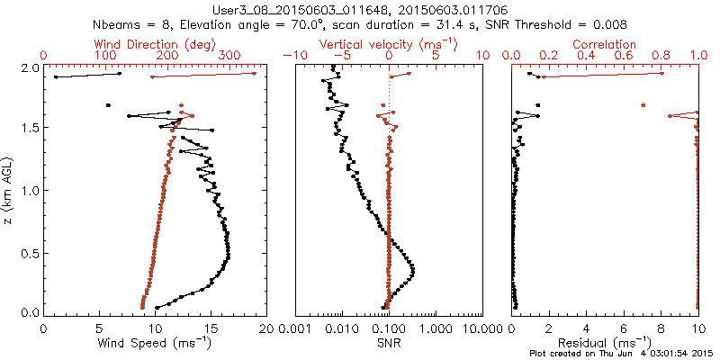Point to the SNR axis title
pyautogui.click(x=389, y=342)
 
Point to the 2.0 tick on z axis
pyautogui.click(x=30, y=67)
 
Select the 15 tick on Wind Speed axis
pyautogui.click(x=211, y=328)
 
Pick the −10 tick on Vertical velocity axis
pyautogui.click(x=292, y=56)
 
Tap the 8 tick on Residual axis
pyautogui.click(x=661, y=328)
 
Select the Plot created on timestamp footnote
pyautogui.click(x=620, y=353)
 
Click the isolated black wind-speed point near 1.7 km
pyautogui.click(x=109, y=105)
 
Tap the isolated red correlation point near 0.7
pyautogui.click(x=643, y=105)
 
